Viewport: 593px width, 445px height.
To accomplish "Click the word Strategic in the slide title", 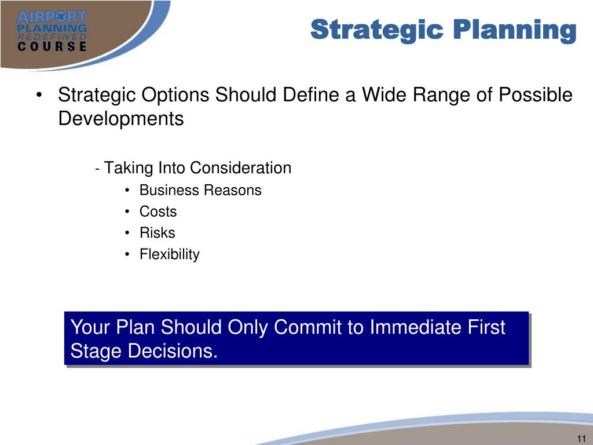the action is click(x=376, y=30).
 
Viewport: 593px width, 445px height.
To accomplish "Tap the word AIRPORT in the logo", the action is click(x=52, y=17).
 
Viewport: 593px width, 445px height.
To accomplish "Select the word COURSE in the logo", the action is click(x=52, y=46).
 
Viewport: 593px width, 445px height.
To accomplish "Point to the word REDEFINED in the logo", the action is click(x=52, y=37).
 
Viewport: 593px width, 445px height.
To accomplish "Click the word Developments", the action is click(x=121, y=118).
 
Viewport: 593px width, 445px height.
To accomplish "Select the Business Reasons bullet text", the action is click(x=200, y=190).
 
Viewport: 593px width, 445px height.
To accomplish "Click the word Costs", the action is click(x=158, y=211).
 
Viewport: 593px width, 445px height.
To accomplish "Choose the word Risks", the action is click(x=158, y=233).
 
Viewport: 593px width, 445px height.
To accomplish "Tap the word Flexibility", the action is click(x=170, y=254).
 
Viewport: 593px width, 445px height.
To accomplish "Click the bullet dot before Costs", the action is click(x=127, y=212).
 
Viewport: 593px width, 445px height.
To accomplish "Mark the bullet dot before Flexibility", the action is click(x=127, y=254).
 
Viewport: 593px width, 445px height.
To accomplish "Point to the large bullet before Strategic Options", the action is click(x=39, y=96).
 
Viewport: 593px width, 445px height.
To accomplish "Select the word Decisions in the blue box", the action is click(x=173, y=351).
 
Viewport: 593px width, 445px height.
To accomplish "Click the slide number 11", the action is click(x=581, y=439).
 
